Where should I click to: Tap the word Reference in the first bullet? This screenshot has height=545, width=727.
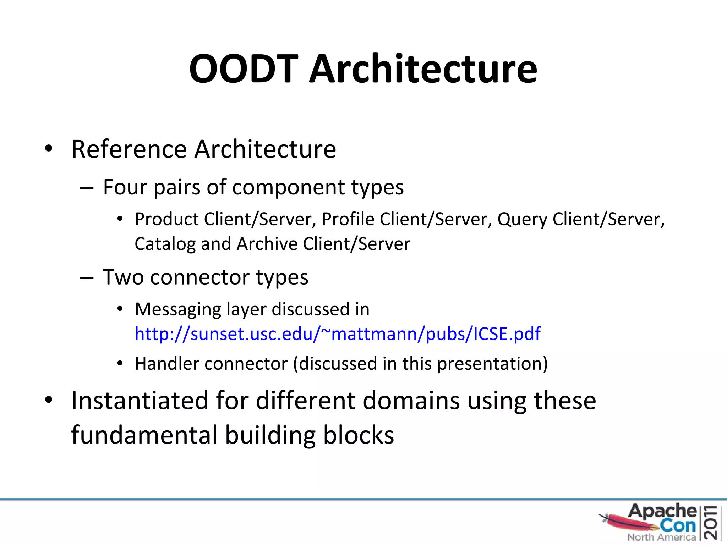129,149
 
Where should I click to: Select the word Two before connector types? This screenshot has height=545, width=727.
123,277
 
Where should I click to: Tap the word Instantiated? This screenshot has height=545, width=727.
140,401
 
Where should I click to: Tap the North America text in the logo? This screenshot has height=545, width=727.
661,537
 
